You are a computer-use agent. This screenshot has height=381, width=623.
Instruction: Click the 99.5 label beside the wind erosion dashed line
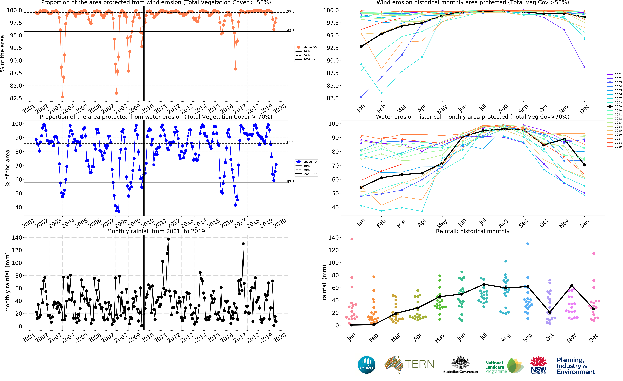pos(291,11)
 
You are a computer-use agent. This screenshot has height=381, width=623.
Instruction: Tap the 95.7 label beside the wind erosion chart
pos(291,31)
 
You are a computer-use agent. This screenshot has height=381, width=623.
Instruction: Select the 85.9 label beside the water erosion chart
pos(291,142)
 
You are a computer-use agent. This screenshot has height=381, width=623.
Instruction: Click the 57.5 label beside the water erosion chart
pos(291,182)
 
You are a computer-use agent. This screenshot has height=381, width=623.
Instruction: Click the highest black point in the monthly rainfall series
pos(168,239)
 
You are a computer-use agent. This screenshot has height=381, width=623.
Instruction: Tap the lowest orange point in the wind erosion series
pos(62,97)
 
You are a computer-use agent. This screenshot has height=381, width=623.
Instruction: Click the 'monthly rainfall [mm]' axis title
pos(8,282)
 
